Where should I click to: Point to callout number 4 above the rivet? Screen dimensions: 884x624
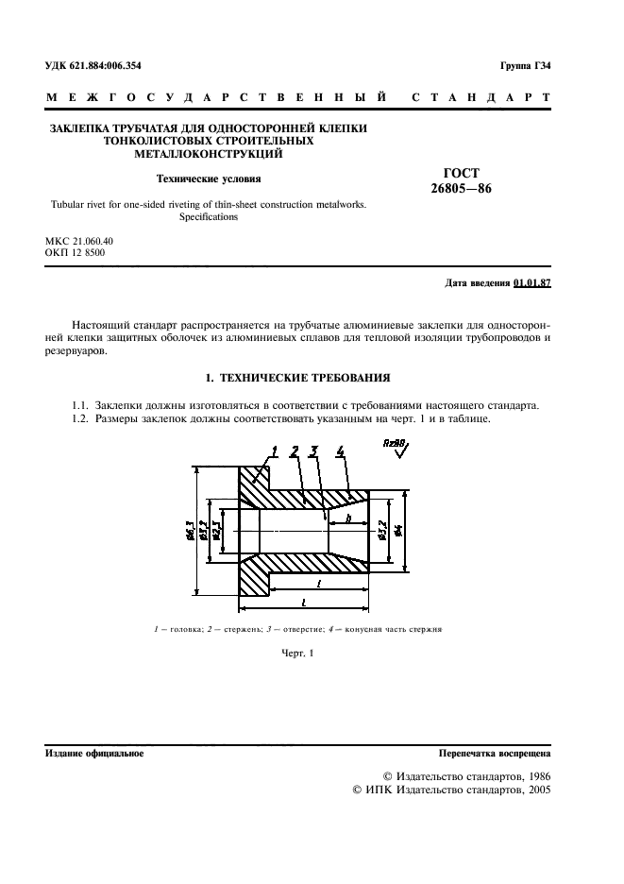coord(339,451)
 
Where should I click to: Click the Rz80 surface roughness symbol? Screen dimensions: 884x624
coord(397,445)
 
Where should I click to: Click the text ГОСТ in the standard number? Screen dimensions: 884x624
coord(461,173)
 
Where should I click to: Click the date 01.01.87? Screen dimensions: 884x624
coord(532,283)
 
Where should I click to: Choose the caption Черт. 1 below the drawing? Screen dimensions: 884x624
coord(296,653)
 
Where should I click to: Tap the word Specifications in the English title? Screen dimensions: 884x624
coord(209,216)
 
